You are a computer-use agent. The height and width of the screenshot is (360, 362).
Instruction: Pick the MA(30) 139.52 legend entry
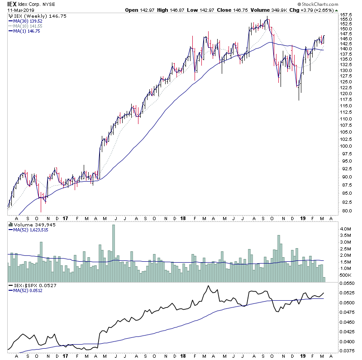(28, 21)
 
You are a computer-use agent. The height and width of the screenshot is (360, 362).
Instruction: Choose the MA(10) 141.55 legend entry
(28, 26)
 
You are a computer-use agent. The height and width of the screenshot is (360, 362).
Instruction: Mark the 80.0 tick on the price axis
(347, 211)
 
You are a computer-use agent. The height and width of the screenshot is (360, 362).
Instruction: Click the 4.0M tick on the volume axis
(347, 229)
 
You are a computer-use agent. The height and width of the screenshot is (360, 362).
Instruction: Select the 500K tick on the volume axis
(347, 275)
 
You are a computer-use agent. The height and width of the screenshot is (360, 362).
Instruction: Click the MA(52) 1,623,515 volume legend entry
(31, 230)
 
